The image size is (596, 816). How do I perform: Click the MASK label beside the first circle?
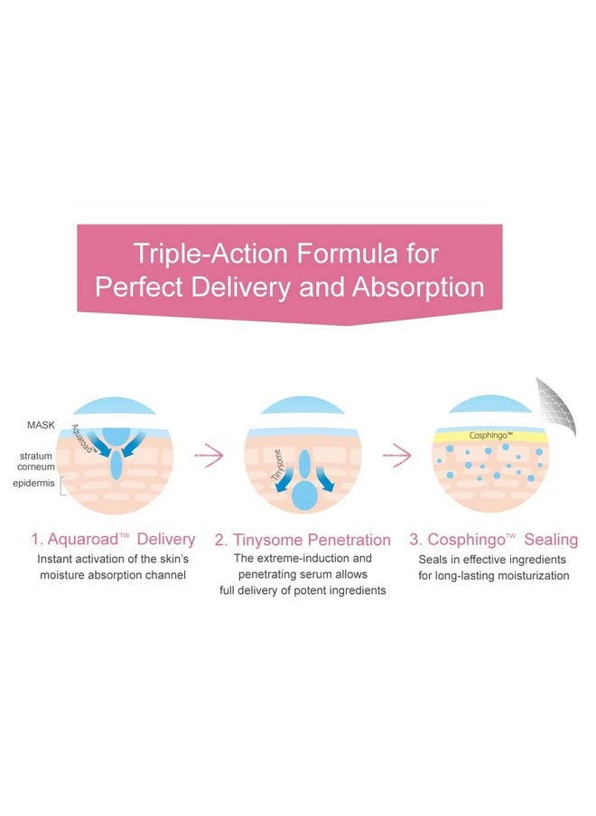(x=42, y=424)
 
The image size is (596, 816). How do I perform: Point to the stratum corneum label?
(x=36, y=461)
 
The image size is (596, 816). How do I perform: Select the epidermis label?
(x=33, y=484)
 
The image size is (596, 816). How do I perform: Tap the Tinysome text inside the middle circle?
(x=282, y=467)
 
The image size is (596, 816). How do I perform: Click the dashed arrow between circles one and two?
(x=209, y=457)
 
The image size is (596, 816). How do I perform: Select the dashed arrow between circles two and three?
(x=396, y=457)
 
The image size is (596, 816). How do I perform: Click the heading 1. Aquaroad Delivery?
(x=113, y=540)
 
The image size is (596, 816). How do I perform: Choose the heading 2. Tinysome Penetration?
(x=303, y=541)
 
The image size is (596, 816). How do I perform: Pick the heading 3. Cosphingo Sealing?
(x=493, y=540)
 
